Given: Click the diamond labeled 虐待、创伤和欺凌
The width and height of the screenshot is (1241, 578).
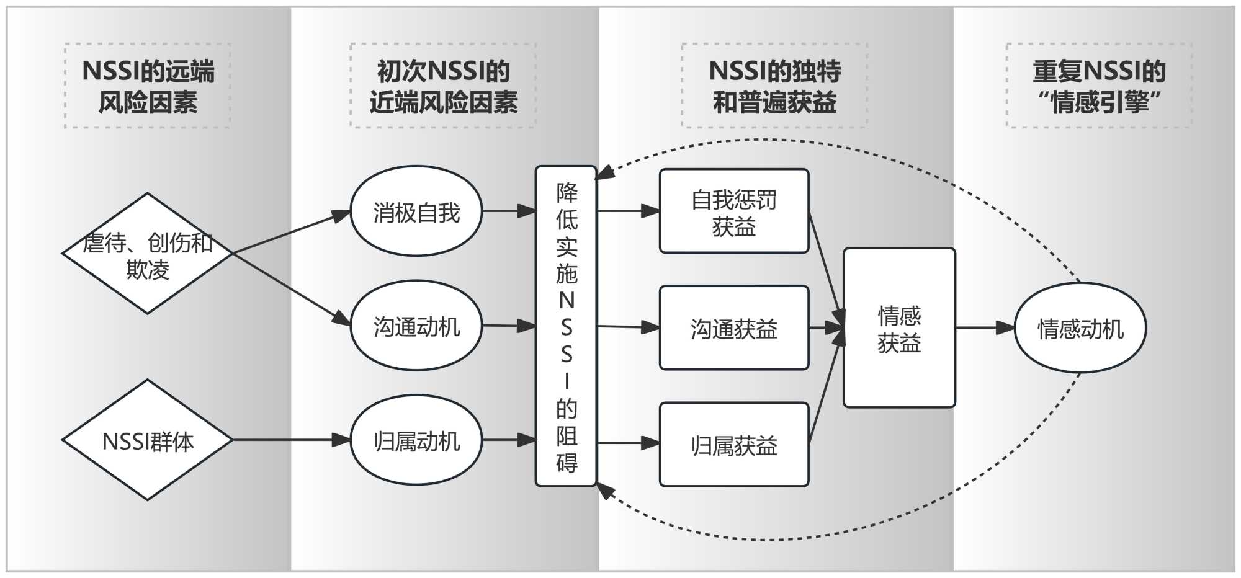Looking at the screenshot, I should pyautogui.click(x=147, y=254).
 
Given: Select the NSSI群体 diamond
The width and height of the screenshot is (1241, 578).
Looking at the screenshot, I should pyautogui.click(x=147, y=440).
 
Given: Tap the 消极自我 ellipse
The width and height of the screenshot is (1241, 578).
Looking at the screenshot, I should pyautogui.click(x=416, y=211).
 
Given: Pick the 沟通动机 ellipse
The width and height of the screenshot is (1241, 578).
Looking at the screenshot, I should pyautogui.click(x=416, y=326).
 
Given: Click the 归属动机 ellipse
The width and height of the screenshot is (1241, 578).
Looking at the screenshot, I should pyautogui.click(x=416, y=440).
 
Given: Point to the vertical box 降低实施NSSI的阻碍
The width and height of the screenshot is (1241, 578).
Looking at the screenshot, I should pyautogui.click(x=566, y=326).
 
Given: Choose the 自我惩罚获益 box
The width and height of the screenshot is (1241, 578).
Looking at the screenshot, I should pyautogui.click(x=734, y=211).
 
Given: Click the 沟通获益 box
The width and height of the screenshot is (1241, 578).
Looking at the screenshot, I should pyautogui.click(x=734, y=328).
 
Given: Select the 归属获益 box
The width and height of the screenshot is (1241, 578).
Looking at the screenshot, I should pyautogui.click(x=734, y=445).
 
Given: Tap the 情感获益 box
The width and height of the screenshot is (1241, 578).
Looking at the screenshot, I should pyautogui.click(x=898, y=328).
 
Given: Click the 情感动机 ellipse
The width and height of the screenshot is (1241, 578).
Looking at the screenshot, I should pyautogui.click(x=1080, y=328).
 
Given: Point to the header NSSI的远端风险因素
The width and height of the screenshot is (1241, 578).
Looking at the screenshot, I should pyautogui.click(x=148, y=86).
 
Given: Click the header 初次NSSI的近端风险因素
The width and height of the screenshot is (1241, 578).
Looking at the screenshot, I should pyautogui.click(x=443, y=86).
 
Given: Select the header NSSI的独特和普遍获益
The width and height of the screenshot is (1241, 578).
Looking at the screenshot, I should pyautogui.click(x=774, y=86).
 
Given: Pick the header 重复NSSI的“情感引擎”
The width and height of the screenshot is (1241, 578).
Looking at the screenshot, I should pyautogui.click(x=1099, y=86).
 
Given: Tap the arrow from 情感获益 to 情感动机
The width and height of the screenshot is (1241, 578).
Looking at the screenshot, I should pyautogui.click(x=985, y=328).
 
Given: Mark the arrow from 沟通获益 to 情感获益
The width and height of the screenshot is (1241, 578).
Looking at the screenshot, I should pyautogui.click(x=826, y=328).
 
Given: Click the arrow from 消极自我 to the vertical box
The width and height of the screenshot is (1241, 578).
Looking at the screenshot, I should pyautogui.click(x=509, y=211).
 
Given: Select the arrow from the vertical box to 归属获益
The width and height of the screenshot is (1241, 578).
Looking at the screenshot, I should pyautogui.click(x=627, y=443).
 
